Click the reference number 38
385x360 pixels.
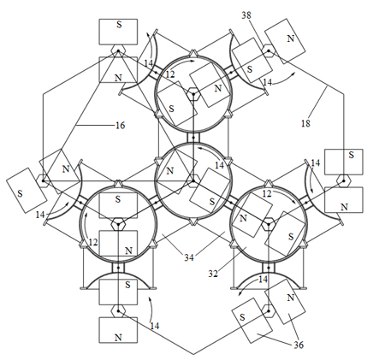pos(246,15)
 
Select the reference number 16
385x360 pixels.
pos(120,125)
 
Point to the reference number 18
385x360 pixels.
pos(305,123)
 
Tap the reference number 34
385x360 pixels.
pos(189,257)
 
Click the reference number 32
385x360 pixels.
pos(213,274)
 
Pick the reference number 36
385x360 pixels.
pos(299,345)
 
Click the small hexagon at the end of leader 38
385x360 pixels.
pos(269,51)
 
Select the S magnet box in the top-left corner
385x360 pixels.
pos(118,32)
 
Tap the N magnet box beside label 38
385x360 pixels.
pos(285,41)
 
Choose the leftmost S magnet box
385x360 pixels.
pos(27,190)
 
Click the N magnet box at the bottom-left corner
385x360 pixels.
pos(118,330)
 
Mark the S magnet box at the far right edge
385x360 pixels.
pos(344,162)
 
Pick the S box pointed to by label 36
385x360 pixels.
pos(252,321)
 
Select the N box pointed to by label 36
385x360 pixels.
pos(285,302)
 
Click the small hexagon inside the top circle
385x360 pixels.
pos(193,94)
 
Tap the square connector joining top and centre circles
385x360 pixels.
pos(193,138)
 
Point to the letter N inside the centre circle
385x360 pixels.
pos(170,171)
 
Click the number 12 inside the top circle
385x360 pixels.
pos(169,74)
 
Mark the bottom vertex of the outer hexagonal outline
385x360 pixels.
pos(193,355)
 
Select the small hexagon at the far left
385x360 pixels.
pos(43,181)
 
